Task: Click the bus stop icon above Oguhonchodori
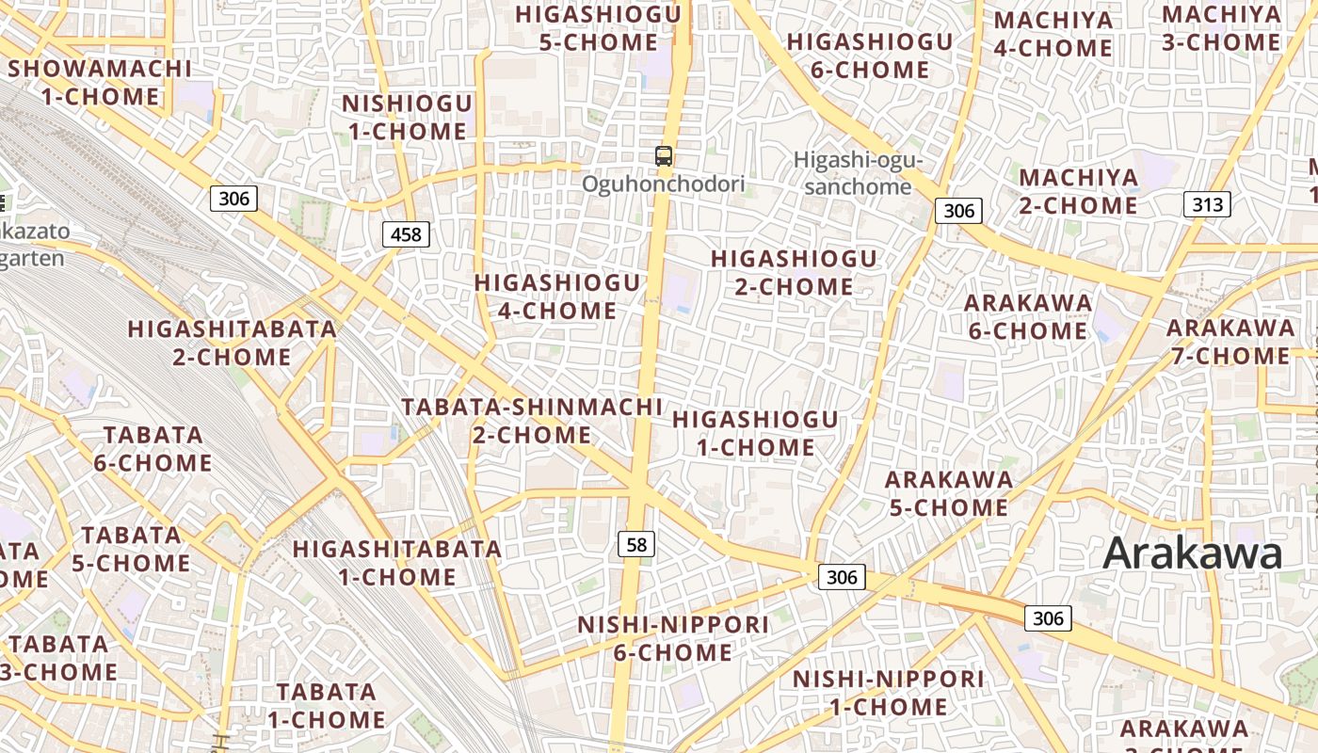click(664, 156)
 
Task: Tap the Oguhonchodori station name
click(663, 184)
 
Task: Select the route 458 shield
click(406, 234)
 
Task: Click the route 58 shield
click(637, 544)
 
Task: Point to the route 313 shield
click(1207, 204)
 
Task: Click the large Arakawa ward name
click(1193, 553)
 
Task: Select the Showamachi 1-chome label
click(99, 83)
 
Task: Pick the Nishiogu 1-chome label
click(407, 118)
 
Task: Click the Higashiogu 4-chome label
click(557, 296)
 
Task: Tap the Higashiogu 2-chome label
click(794, 272)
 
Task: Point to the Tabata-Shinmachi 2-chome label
click(532, 421)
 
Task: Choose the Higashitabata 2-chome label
click(232, 344)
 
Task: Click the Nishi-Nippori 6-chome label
click(673, 638)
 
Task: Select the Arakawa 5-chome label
click(949, 493)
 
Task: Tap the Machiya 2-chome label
click(1079, 191)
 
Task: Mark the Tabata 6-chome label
click(153, 449)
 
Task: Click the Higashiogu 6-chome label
click(870, 56)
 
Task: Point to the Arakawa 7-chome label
click(1230, 342)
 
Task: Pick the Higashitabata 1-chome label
click(397, 563)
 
